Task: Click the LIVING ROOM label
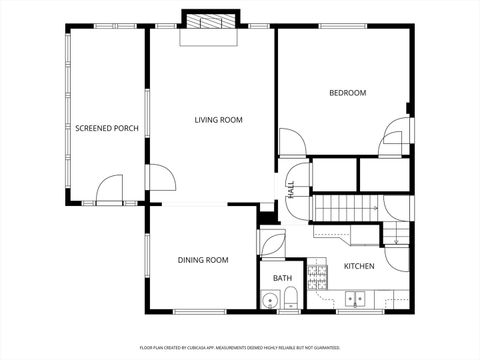(x=218, y=120)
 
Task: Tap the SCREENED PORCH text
(x=107, y=128)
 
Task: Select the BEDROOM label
(x=347, y=93)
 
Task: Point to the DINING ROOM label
(x=203, y=260)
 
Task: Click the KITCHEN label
(x=359, y=266)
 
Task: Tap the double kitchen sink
(x=355, y=298)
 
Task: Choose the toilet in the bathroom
(x=290, y=297)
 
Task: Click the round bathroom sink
(x=269, y=299)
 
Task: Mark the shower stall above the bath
(x=271, y=242)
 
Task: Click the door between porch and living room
(x=160, y=178)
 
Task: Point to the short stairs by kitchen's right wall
(x=398, y=235)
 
